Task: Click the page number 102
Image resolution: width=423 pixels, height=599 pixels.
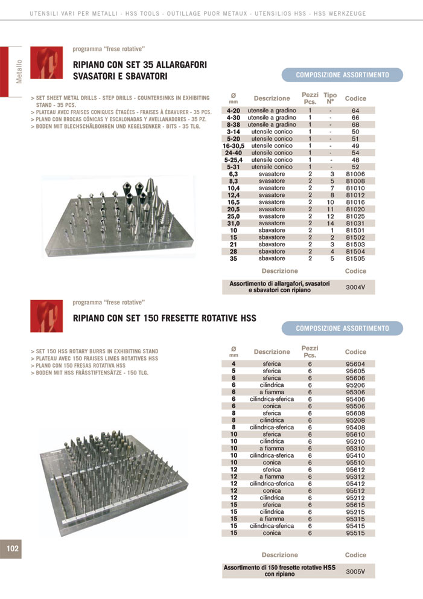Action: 13,548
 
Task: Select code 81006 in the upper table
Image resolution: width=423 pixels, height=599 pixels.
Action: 355,174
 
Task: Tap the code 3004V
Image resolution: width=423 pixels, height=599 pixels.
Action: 355,287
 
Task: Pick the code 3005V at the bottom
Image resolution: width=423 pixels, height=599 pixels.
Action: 355,571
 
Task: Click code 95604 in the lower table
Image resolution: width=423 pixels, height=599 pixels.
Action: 355,364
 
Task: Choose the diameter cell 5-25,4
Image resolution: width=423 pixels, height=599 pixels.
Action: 234,159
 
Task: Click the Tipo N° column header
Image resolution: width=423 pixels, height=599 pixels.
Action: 330,98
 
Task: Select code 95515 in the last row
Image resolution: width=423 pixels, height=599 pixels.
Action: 355,533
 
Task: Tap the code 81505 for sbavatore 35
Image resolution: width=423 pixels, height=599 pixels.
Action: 355,258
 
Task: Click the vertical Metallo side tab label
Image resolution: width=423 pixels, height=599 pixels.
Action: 19,72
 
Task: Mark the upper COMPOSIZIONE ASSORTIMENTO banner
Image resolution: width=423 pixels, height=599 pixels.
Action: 342,75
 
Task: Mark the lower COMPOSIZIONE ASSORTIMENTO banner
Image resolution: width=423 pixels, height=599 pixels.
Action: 342,328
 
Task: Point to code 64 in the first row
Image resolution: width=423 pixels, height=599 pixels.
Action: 355,111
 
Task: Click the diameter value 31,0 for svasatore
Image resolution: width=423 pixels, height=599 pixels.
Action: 234,223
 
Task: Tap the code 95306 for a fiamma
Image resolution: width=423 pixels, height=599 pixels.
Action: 355,392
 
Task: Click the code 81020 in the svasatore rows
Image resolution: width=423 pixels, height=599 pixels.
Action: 355,209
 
